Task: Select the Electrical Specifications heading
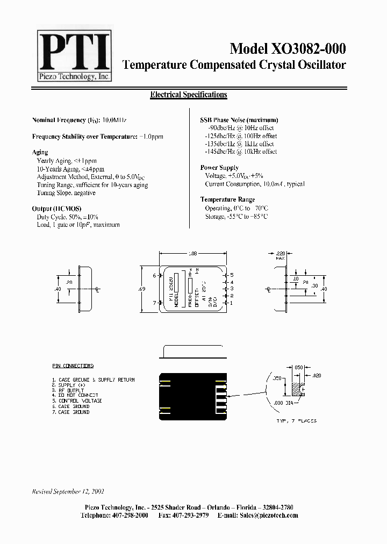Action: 188,95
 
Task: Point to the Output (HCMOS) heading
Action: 54,209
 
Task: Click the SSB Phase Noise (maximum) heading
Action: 239,120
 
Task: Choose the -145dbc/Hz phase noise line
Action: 241,152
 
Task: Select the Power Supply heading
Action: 219,168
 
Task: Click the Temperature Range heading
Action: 227,200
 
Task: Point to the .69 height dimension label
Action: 141,289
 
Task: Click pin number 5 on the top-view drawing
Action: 232,275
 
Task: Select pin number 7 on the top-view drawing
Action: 154,303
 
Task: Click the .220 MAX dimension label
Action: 280,254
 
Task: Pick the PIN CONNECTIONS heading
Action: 73,366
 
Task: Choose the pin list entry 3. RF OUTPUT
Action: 70,390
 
